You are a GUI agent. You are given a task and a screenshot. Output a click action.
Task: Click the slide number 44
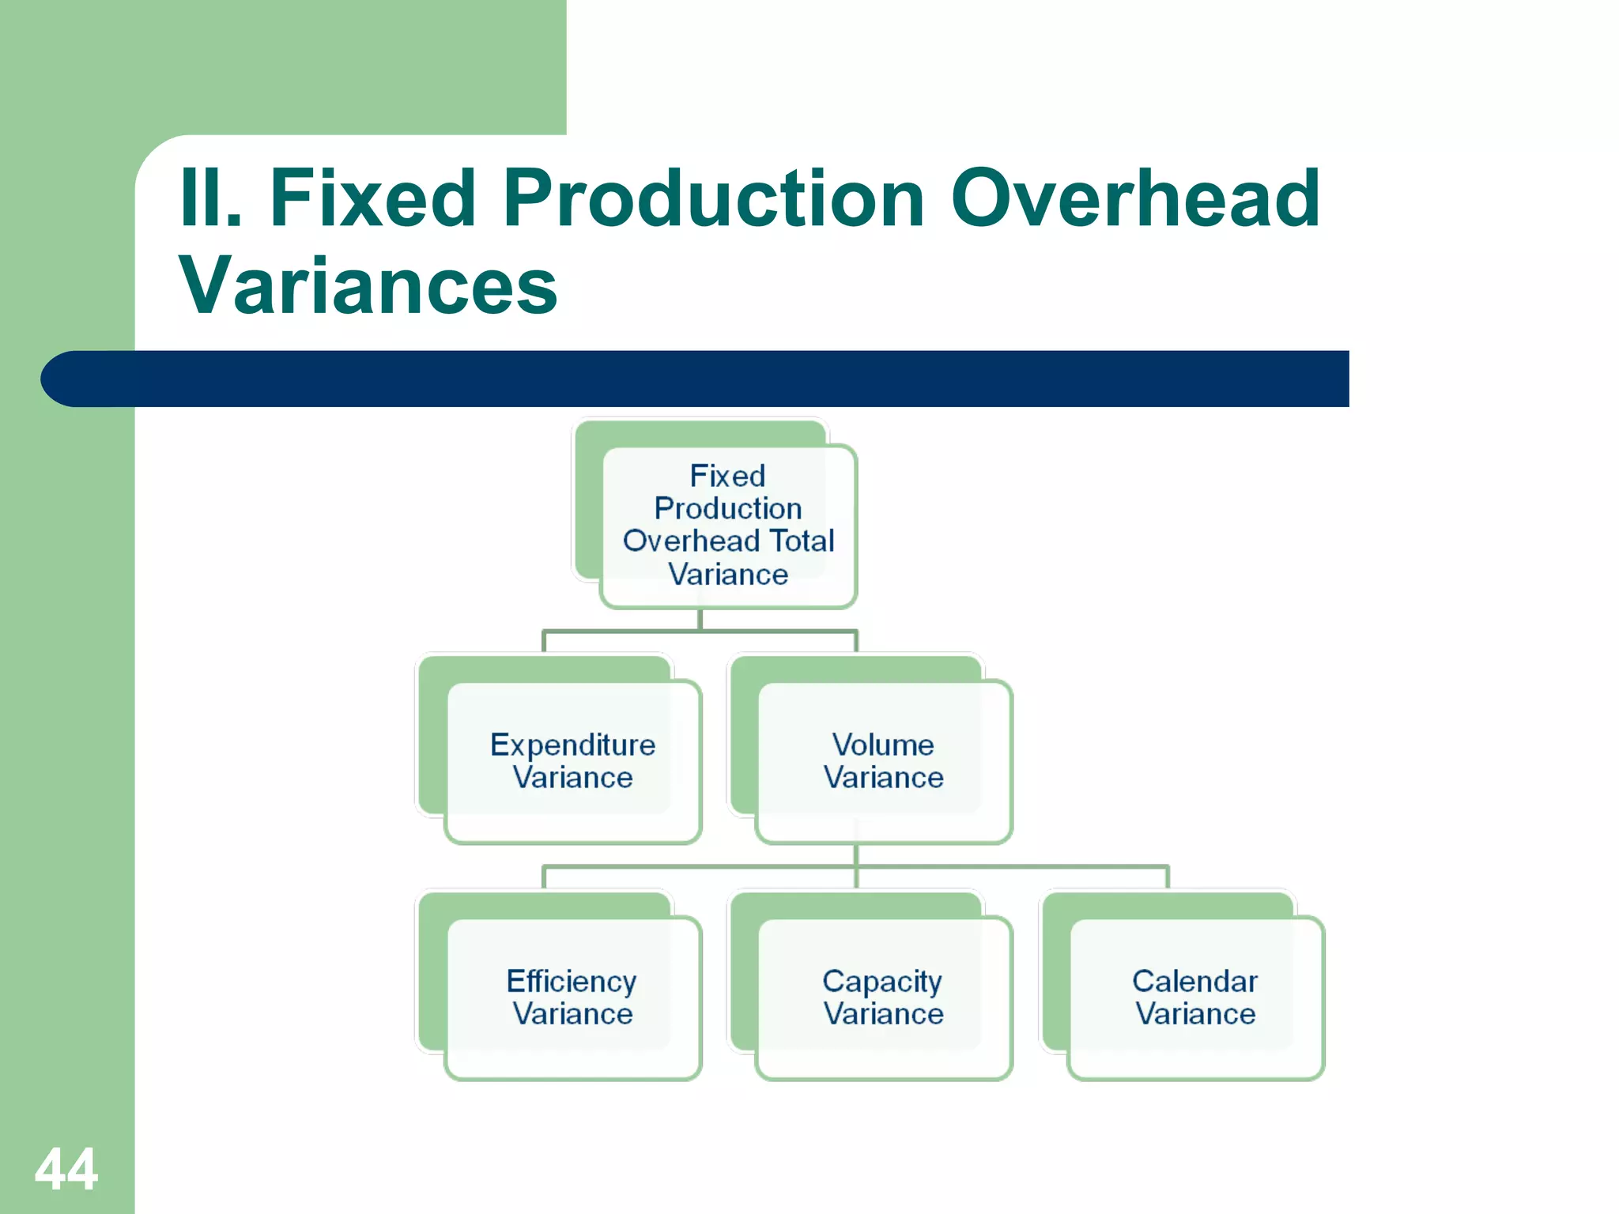66,1169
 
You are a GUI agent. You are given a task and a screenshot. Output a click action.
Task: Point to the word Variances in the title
368,285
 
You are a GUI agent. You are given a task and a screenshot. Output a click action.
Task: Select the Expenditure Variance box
572,761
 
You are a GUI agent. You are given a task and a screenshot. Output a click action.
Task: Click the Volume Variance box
883,761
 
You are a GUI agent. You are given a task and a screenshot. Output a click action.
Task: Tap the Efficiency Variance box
572,997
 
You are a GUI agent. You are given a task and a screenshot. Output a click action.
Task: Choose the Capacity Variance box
883,997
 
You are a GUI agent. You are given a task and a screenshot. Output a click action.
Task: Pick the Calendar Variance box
1194,997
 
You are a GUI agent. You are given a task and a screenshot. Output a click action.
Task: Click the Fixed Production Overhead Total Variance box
728,525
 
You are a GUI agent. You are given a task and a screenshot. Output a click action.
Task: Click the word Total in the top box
802,541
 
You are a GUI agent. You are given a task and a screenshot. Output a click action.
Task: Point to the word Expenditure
572,745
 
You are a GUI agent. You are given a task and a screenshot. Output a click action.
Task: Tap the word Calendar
1194,982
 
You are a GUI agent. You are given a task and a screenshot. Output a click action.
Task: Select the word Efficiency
571,982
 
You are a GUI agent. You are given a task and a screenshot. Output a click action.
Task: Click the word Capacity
881,982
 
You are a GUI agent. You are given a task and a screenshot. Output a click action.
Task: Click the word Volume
883,745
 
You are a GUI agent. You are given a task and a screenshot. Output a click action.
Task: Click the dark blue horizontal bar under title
711,379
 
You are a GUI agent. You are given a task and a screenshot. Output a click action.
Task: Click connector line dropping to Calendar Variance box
1168,877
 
